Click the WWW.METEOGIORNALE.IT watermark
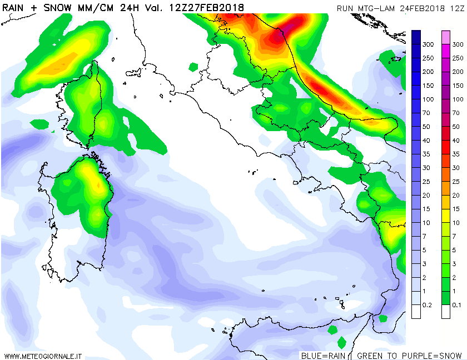[x=43, y=356]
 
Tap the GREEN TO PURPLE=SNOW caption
[x=409, y=356]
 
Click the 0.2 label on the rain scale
[x=428, y=305]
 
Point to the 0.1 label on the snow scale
[x=458, y=305]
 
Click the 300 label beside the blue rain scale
[x=428, y=44]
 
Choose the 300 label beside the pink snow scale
[x=458, y=44]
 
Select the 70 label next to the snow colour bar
[x=458, y=113]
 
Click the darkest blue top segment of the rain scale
[x=416, y=37]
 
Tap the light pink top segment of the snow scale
[x=446, y=37]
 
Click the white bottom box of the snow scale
[x=446, y=312]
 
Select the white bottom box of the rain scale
[x=416, y=312]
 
